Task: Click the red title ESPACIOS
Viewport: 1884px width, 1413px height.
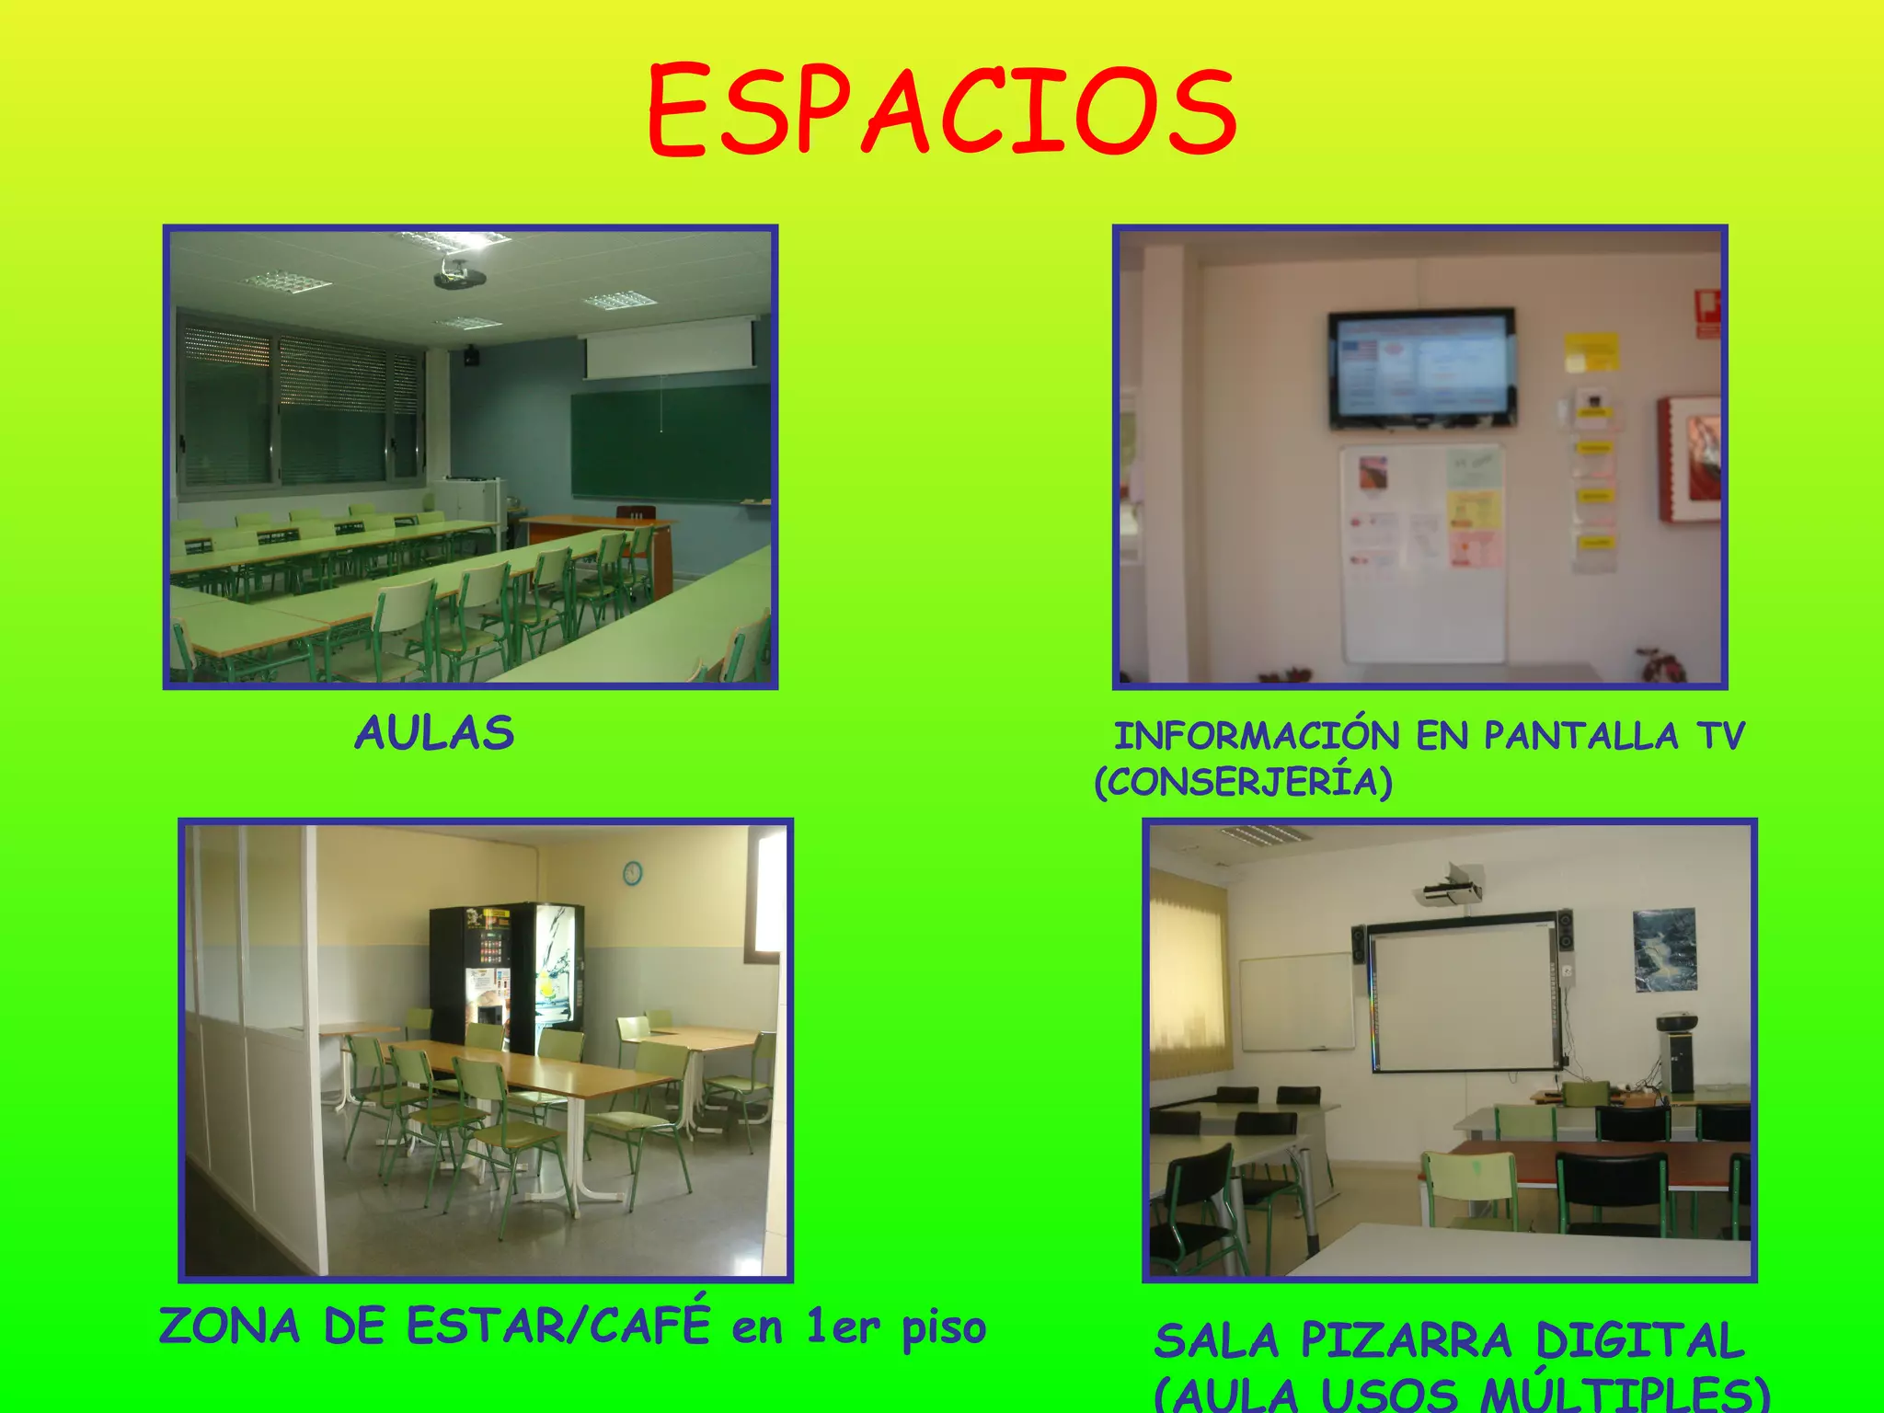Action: coord(942,110)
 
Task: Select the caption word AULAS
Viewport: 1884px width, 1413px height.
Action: coord(433,733)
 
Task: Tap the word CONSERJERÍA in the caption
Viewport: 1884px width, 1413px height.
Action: coord(1244,782)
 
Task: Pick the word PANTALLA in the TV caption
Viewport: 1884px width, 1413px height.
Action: coord(1581,736)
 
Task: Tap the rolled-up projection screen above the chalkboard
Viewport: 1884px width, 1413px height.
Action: coord(670,348)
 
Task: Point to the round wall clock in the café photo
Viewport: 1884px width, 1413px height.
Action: coord(632,872)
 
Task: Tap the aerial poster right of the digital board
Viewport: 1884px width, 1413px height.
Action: coord(1665,949)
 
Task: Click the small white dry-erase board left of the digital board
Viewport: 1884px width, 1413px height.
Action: coord(1297,1003)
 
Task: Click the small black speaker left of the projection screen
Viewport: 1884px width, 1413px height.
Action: coord(471,355)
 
